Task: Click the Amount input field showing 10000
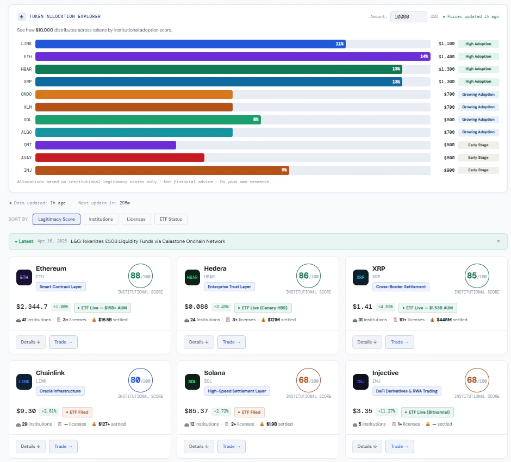click(408, 17)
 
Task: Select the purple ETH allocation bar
click(233, 57)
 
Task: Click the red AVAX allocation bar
click(120, 158)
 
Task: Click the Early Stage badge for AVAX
click(478, 158)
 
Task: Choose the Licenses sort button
click(136, 219)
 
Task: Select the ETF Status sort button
click(171, 219)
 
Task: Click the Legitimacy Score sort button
click(57, 219)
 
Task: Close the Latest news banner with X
click(498, 241)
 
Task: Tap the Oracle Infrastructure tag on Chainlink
click(60, 391)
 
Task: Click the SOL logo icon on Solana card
click(192, 381)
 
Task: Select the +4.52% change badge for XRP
click(387, 307)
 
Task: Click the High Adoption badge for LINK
click(478, 43)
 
